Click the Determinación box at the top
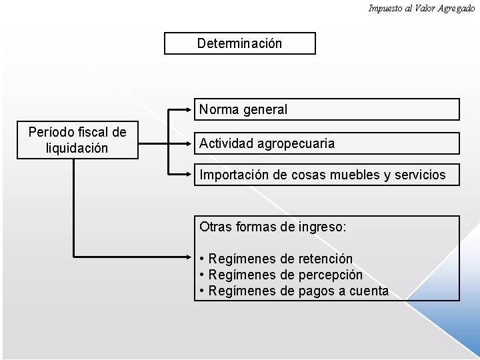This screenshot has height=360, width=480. tap(240, 43)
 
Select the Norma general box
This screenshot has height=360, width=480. tap(327, 109)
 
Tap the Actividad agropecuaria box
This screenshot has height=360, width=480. tap(327, 143)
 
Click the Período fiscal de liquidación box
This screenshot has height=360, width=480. tap(77, 140)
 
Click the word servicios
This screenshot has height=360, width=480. tap(421, 175)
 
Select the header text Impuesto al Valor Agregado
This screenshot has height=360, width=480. tap(421, 8)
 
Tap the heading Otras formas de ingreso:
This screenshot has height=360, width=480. tap(273, 227)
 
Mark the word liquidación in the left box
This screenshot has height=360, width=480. tap(77, 148)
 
